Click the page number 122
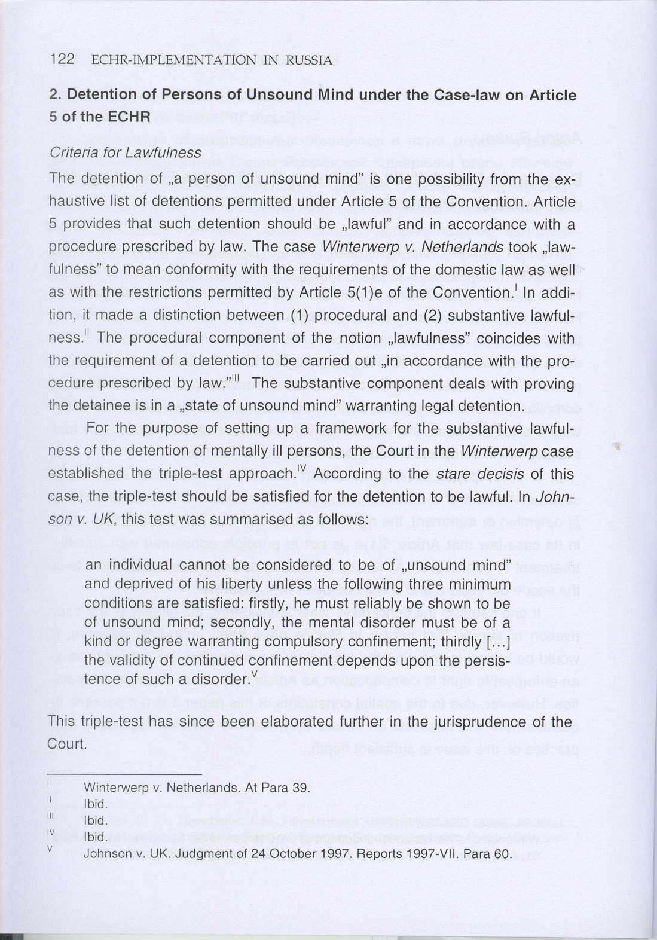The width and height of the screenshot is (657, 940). coord(62,59)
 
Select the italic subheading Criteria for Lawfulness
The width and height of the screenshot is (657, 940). coord(126,152)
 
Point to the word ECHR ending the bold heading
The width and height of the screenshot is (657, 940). coord(129,117)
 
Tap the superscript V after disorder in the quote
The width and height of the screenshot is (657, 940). coord(255,675)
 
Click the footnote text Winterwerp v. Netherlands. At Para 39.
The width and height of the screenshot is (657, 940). coord(197,787)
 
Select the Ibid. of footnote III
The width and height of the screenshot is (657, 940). coord(96,820)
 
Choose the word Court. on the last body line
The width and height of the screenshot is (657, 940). coord(67,744)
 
